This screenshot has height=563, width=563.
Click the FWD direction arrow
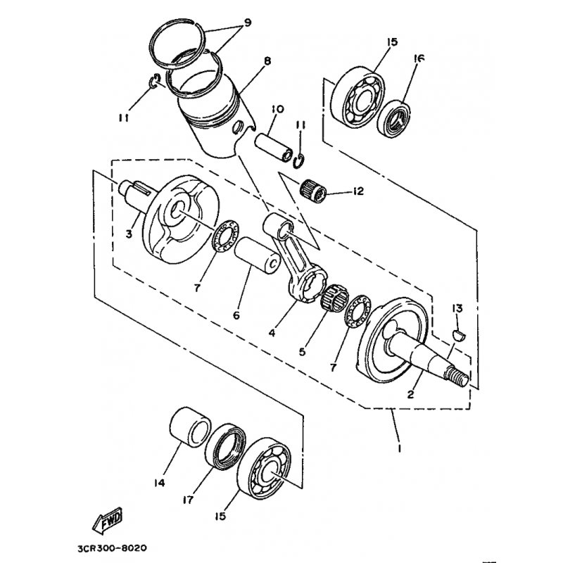click(x=108, y=522)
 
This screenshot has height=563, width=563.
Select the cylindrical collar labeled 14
click(x=190, y=427)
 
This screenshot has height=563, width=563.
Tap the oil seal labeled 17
click(x=224, y=448)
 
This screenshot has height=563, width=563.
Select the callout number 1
click(x=400, y=447)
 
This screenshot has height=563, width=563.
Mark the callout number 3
click(x=129, y=233)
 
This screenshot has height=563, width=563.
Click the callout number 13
click(x=457, y=308)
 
